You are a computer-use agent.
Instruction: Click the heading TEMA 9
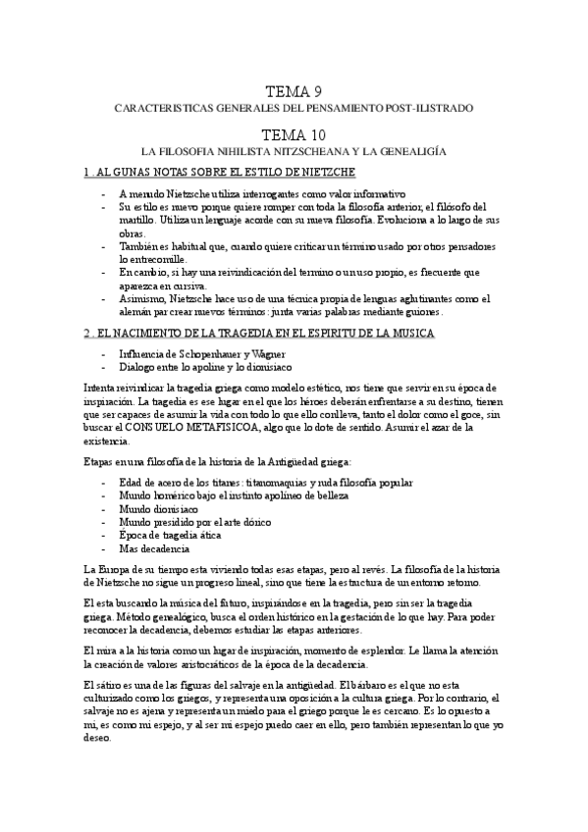coord(294,91)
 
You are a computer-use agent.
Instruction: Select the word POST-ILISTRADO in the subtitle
coord(426,107)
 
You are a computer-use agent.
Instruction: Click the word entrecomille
coord(151,258)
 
